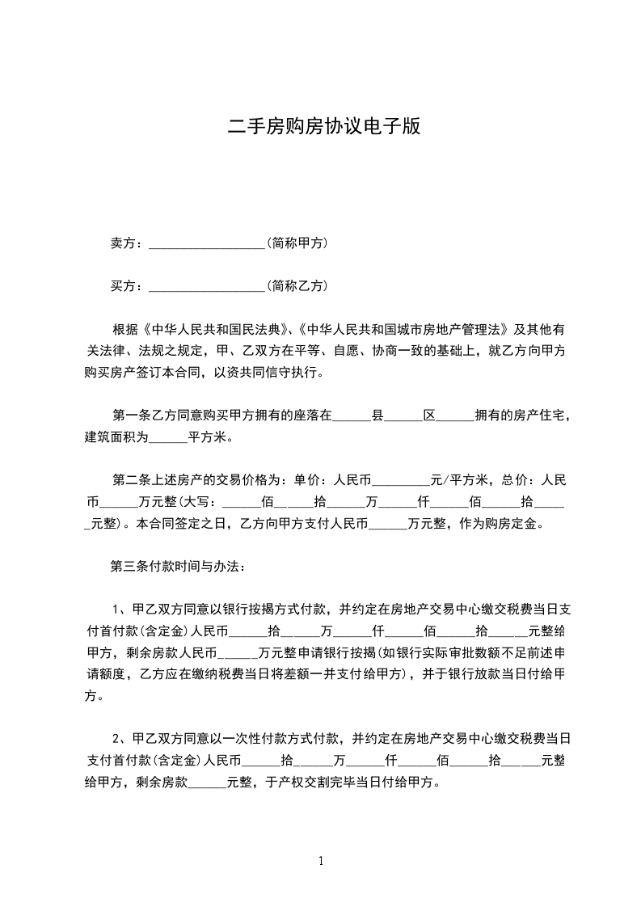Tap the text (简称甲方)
point(297,243)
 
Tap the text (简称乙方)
point(297,285)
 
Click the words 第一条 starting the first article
point(131,416)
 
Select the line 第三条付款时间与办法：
point(171,566)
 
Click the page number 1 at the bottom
point(321,861)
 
